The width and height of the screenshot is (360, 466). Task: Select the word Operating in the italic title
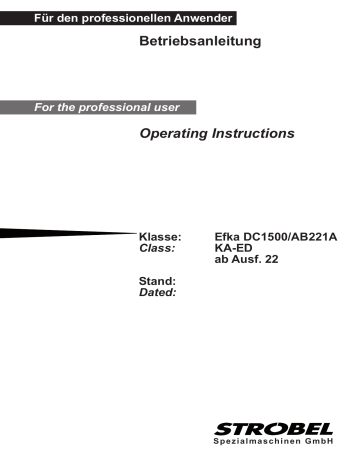[x=177, y=134]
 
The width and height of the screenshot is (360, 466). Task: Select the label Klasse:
[x=159, y=236]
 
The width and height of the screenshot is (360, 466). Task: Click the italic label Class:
[x=157, y=248]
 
